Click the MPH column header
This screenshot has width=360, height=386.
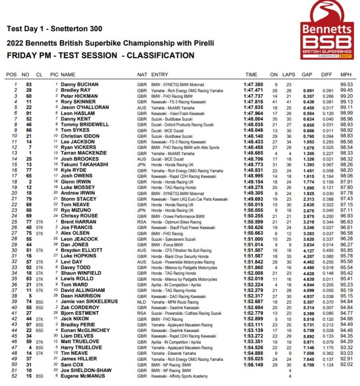[x=346, y=75]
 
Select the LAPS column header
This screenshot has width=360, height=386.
[x=288, y=75]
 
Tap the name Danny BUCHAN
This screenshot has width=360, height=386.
[x=80, y=85]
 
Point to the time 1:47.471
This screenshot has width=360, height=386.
[x=253, y=90]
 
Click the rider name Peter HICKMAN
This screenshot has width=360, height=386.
[x=79, y=96]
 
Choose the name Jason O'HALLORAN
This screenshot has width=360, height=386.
[x=85, y=108]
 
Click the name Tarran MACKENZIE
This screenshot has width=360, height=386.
[x=84, y=153]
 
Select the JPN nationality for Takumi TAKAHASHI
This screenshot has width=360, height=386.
[x=142, y=165]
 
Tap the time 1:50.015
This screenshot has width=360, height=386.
[x=253, y=205]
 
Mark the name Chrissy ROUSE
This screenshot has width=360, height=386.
[x=79, y=216]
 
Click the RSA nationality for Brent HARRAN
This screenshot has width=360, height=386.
[x=142, y=222]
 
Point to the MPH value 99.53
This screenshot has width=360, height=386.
[x=346, y=85]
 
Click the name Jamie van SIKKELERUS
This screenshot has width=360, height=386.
[x=89, y=302]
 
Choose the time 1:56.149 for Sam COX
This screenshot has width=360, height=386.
[x=253, y=365]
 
